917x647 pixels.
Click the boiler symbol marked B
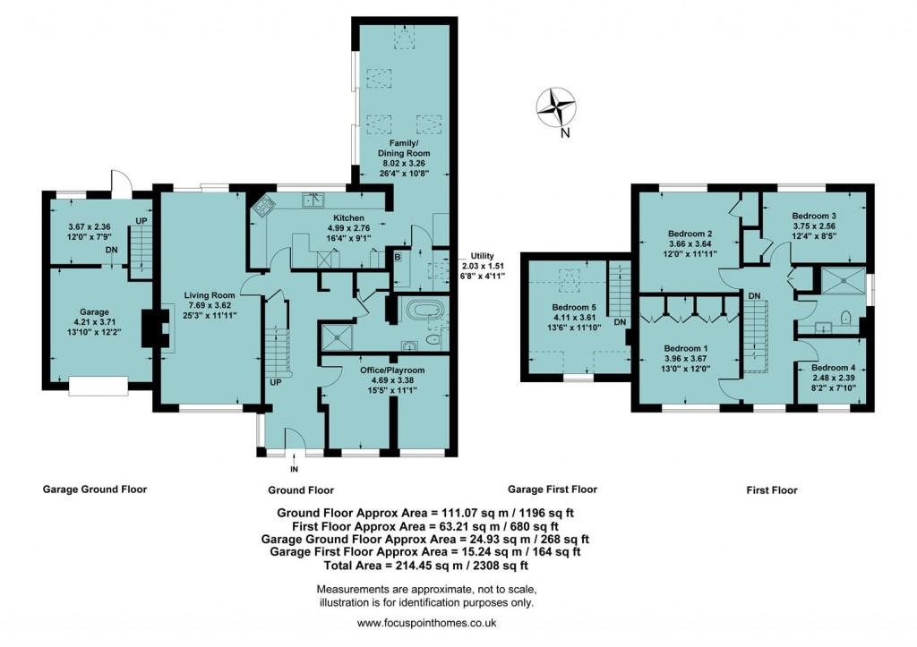pyautogui.click(x=397, y=258)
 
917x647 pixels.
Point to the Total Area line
pyautogui.click(x=425, y=565)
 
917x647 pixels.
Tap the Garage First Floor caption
pyautogui.click(x=552, y=490)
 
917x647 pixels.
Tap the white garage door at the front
pyautogui.click(x=99, y=386)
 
